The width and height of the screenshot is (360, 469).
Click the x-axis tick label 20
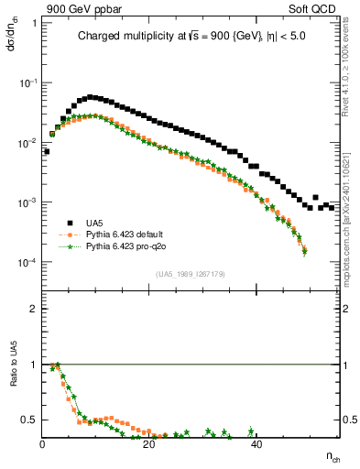tap(149, 445)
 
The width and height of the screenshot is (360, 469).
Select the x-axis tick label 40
tap(256, 445)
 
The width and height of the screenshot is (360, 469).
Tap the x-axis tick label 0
tap(43, 445)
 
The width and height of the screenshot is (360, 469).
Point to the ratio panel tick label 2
tap(33, 309)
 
